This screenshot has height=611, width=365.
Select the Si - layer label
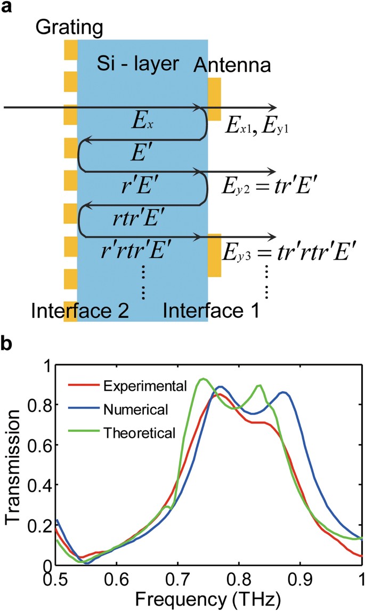(x=137, y=63)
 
